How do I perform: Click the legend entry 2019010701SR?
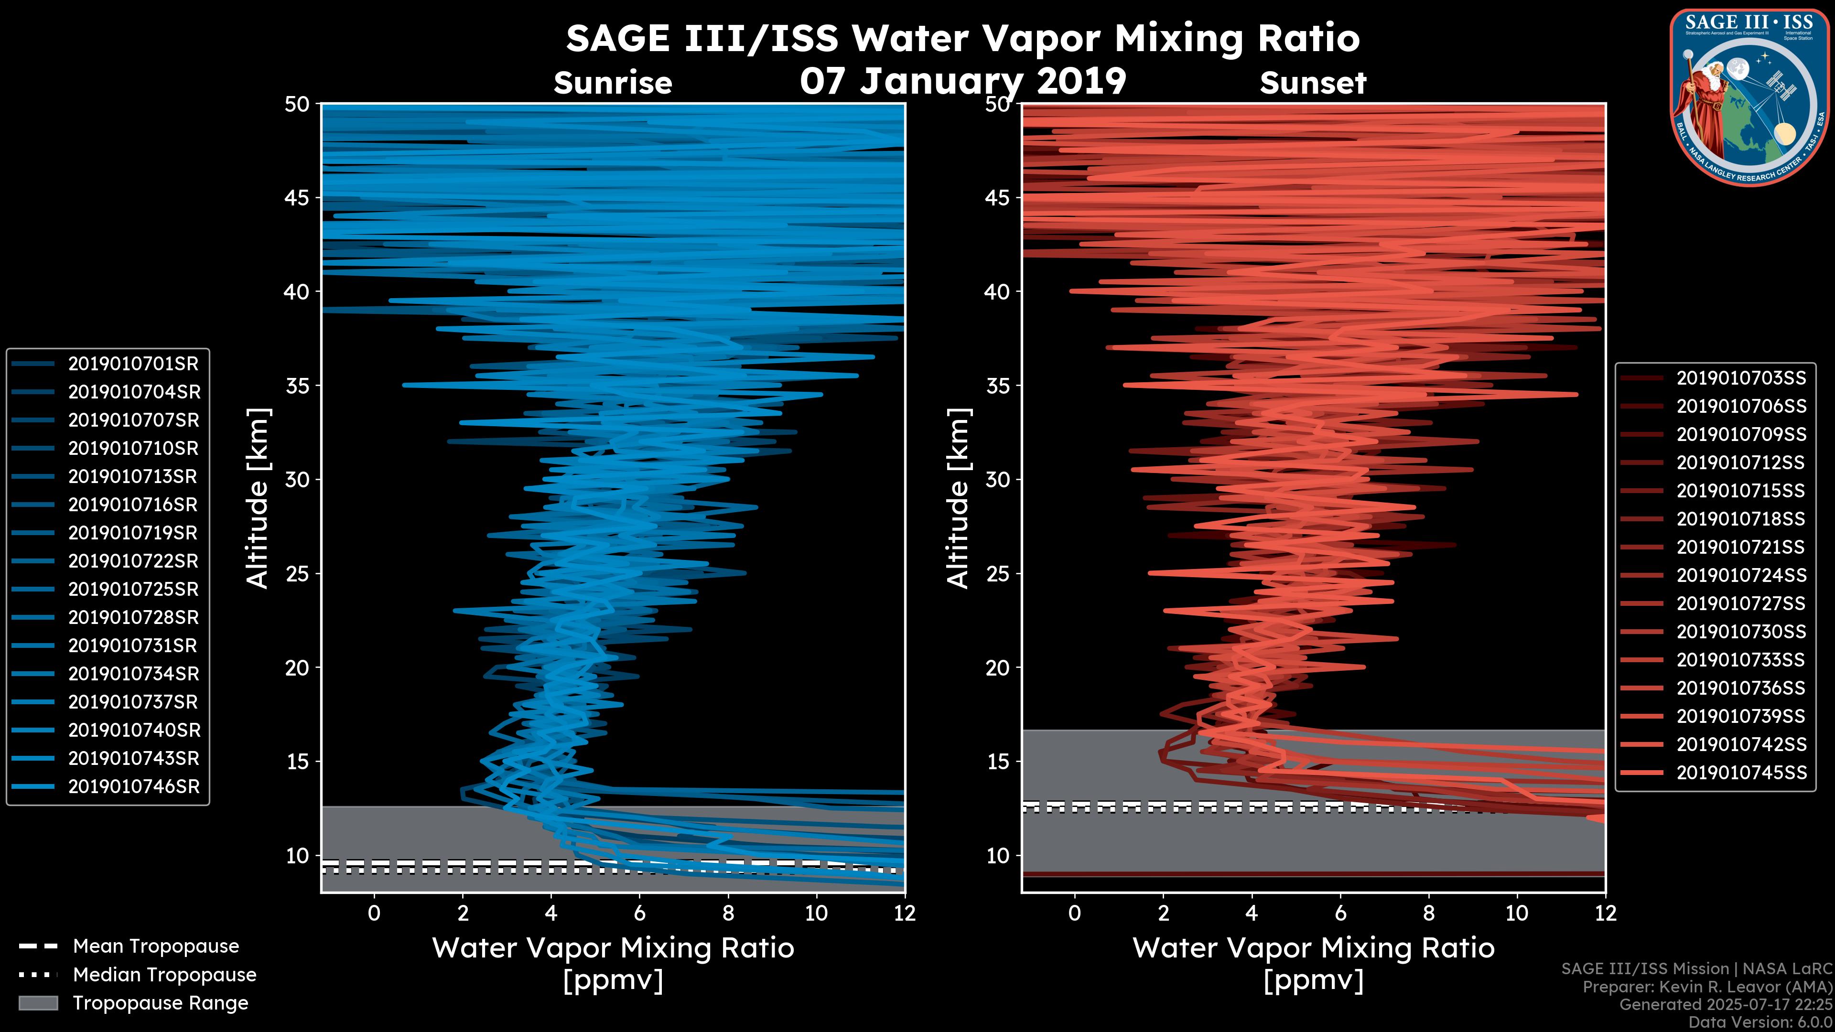point(133,364)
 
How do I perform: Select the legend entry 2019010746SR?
point(134,787)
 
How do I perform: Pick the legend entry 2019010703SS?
point(1741,378)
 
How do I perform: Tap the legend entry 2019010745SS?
point(1741,773)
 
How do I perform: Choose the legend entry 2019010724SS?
point(1741,575)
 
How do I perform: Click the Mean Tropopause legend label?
point(156,946)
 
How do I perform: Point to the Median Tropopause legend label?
point(164,975)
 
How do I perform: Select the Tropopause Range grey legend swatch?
point(38,1003)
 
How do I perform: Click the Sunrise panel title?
point(613,83)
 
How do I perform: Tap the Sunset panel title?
point(1313,83)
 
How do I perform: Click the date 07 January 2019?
point(963,81)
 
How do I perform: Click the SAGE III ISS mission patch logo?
point(1750,97)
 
